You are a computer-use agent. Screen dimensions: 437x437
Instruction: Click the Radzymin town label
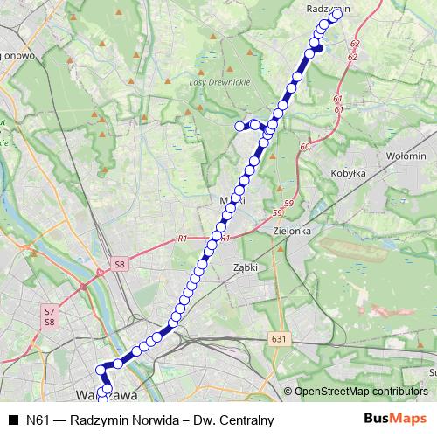pyautogui.click(x=328, y=8)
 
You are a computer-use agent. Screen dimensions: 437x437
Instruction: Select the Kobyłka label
pyautogui.click(x=347, y=173)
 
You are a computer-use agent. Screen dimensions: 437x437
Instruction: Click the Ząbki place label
pyautogui.click(x=245, y=267)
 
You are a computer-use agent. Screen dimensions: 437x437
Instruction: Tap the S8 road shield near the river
pyautogui.click(x=120, y=262)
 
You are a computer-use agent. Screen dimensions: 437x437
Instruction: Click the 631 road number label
pyautogui.click(x=279, y=339)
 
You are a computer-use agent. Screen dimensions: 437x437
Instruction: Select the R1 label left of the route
pyautogui.click(x=182, y=238)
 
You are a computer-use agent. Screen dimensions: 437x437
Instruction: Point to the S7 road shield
pyautogui.click(x=49, y=311)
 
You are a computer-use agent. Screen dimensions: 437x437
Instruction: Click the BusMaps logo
pyautogui.click(x=395, y=420)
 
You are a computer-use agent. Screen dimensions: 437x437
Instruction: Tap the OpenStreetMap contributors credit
pyautogui.click(x=356, y=391)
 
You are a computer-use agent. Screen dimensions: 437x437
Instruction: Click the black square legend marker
pyautogui.click(x=13, y=420)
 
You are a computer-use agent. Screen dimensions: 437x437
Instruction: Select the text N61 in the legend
pyautogui.click(x=38, y=420)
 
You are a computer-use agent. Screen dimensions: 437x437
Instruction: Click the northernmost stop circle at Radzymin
pyautogui.click(x=336, y=14)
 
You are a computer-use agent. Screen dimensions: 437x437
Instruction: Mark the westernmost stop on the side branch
pyautogui.click(x=239, y=126)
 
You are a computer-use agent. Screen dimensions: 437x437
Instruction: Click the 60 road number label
pyautogui.click(x=303, y=147)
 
